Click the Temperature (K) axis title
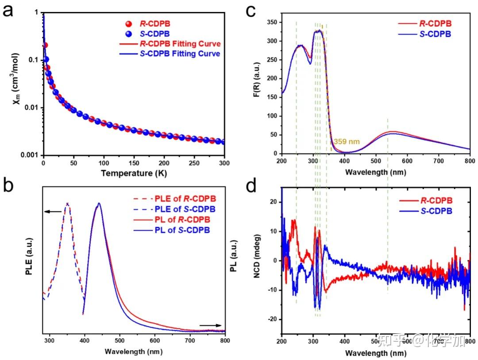point(134,173)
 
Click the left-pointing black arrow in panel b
point(53,212)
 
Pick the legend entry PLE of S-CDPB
point(179,209)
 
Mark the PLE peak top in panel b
point(67,204)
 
